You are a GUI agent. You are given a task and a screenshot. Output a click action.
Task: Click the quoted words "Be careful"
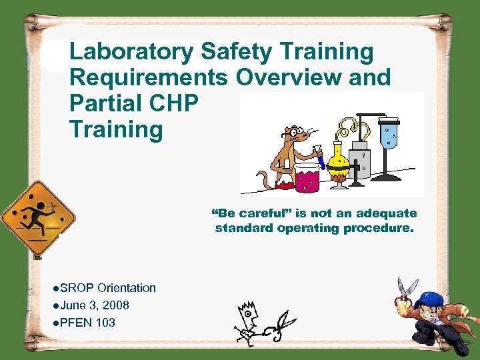(243, 214)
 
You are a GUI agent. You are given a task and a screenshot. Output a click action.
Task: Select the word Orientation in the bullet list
(127, 288)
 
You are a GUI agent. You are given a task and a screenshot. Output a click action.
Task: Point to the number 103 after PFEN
(105, 323)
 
